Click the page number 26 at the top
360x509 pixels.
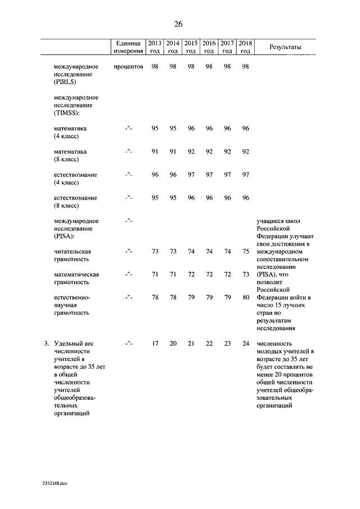pos(178,24)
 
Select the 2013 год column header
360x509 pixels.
pos(155,47)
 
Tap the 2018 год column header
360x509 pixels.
pos(245,47)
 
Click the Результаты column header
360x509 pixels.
pos(286,47)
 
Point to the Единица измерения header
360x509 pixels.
pos(127,47)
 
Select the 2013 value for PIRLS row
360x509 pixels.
pos(155,67)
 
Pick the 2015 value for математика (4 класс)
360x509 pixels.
pos(191,128)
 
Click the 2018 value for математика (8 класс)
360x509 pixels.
pos(245,151)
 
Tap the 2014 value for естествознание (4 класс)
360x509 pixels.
pos(173,175)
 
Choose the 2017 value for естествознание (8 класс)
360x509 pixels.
pos(227,198)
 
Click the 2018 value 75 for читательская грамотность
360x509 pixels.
pos(245,251)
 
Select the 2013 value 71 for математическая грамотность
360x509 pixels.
pos(155,274)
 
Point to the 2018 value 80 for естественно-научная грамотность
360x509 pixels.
pos(245,298)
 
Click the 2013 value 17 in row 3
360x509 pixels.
pos(155,344)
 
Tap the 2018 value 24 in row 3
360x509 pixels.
pos(245,344)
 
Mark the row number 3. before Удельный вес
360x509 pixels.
pos(46,344)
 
